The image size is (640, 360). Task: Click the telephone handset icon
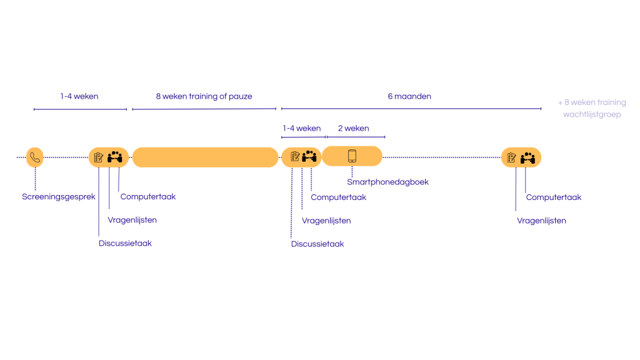(35, 157)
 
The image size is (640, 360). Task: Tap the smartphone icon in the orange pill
(352, 156)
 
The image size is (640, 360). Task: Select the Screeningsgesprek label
(59, 196)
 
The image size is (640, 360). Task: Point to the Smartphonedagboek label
(387, 182)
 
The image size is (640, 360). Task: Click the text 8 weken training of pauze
(204, 96)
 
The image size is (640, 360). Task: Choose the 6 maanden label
(409, 96)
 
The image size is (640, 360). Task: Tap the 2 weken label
(353, 128)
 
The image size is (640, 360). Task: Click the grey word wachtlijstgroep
(592, 114)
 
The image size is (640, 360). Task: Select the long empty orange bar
(205, 157)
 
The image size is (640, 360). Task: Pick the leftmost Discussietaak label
(125, 243)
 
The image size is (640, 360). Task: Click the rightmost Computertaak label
(553, 197)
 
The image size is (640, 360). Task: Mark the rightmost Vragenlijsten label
(541, 220)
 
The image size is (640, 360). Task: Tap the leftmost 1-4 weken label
(79, 96)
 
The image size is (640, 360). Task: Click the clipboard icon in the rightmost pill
(511, 157)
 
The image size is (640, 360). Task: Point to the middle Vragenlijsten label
(326, 220)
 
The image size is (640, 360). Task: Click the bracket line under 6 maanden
(411, 109)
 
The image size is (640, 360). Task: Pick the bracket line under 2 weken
(356, 137)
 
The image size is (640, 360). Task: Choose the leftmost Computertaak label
(148, 196)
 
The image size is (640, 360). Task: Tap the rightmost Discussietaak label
(317, 244)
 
